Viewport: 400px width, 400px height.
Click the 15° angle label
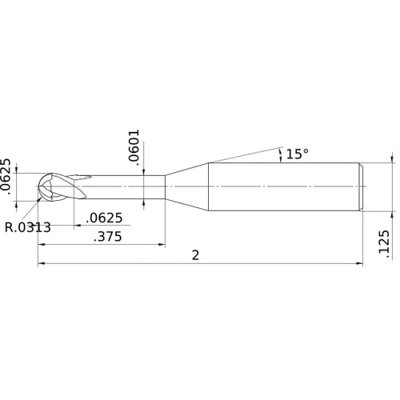tap(297, 154)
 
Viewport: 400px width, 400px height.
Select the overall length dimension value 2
tap(195, 254)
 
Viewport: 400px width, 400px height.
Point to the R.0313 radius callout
tap(27, 227)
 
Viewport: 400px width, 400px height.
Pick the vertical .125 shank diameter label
tap(382, 245)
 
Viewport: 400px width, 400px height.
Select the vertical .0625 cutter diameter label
tap(6, 177)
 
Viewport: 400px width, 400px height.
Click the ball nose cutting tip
tap(47, 188)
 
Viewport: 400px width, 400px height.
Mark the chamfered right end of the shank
tap(361, 188)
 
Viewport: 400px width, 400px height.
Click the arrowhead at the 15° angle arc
tap(280, 150)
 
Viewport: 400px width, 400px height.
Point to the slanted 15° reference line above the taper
tap(240, 155)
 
